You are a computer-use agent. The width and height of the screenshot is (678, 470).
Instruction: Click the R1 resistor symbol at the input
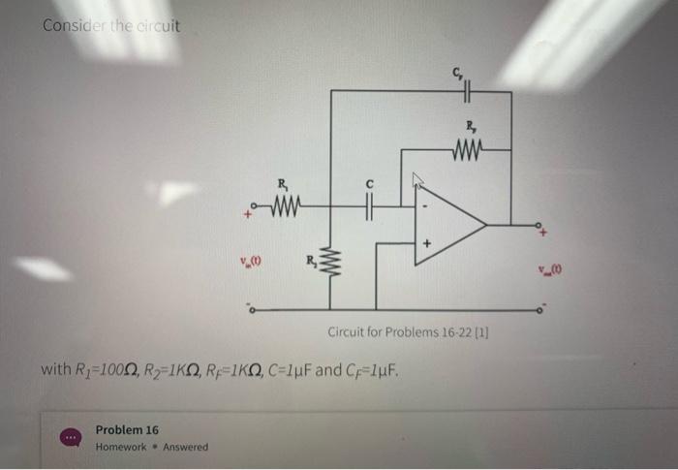pyautogui.click(x=285, y=204)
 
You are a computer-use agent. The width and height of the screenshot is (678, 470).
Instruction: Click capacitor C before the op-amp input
pyautogui.click(x=369, y=205)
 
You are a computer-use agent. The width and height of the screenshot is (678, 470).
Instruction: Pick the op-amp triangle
pyautogui.click(x=448, y=225)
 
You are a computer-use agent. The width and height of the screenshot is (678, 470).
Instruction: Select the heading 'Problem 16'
pyautogui.click(x=127, y=429)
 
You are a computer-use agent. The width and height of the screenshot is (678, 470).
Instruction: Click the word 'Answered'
pyautogui.click(x=185, y=447)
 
